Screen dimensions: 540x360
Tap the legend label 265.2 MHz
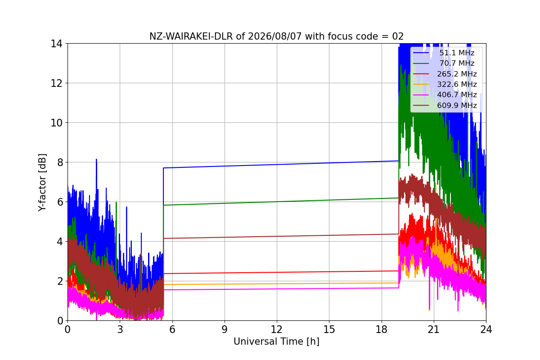coord(457,74)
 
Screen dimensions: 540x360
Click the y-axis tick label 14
coord(56,44)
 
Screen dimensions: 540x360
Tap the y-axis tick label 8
coord(60,162)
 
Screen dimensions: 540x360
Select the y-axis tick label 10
coord(56,123)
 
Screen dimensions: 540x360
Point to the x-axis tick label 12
coord(277,329)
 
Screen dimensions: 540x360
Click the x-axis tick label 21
coord(434,329)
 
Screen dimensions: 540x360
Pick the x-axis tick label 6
coord(172,329)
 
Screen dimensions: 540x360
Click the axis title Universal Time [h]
coord(276,342)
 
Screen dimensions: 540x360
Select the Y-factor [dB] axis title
coord(42,183)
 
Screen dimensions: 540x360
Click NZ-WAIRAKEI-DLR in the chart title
coord(191,36)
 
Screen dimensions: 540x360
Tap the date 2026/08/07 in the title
coord(275,36)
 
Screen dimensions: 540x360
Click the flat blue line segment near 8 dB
coord(281,164)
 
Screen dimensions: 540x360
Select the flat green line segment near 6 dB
coord(281,202)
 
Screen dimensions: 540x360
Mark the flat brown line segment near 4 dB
coord(281,236)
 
